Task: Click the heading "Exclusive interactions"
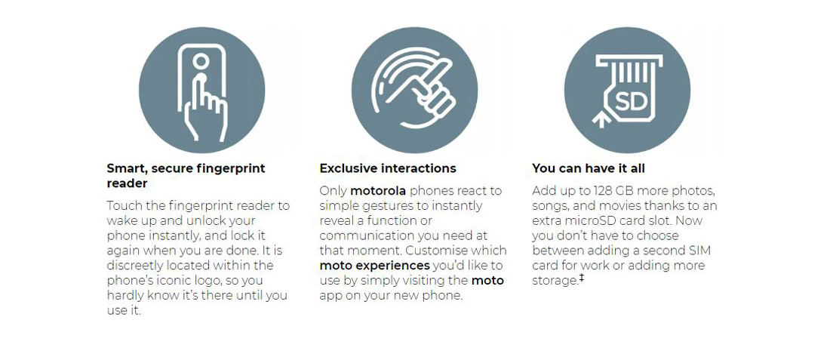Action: coord(388,168)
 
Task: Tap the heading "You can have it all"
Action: coord(588,168)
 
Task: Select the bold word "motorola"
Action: coord(378,190)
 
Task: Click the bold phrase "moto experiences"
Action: coord(374,265)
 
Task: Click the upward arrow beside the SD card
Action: coord(601,118)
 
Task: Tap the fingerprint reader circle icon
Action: coord(201,91)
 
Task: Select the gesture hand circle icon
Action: coord(414,91)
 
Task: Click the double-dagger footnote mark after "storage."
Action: coord(581,278)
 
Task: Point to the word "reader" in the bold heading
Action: coord(127,183)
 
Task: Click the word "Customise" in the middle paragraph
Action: coord(440,250)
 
